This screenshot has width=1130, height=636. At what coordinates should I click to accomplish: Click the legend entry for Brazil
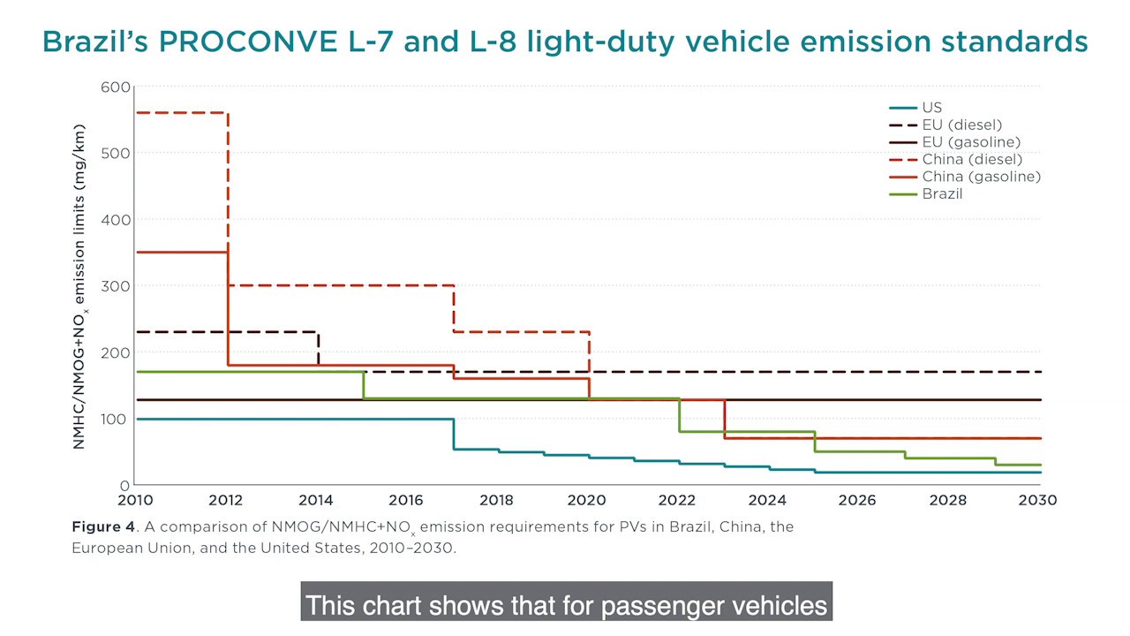tap(942, 193)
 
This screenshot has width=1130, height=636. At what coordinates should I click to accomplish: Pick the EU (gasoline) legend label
tap(971, 142)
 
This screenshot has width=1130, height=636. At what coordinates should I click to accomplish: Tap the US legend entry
tap(931, 108)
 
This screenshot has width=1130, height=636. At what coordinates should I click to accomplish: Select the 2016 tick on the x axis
tap(406, 500)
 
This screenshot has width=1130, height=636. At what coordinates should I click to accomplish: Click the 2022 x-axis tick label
tap(677, 500)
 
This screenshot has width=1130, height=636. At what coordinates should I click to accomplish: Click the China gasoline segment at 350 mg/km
tap(181, 252)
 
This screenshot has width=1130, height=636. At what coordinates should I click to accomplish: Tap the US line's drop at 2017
tap(454, 434)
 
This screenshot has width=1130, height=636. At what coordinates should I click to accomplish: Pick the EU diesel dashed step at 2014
tap(318, 347)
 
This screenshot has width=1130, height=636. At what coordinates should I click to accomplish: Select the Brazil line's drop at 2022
tap(680, 414)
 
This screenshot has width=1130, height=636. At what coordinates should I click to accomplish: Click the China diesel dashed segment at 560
tap(181, 112)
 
